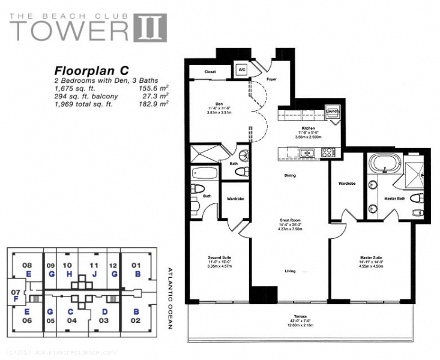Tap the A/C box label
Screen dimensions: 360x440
242,70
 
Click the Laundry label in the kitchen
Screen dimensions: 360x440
333,111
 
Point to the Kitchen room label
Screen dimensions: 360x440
309,128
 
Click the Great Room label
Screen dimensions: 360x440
289,220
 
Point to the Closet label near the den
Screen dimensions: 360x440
210,71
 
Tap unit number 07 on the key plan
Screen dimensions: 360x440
16,292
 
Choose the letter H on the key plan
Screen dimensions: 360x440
70,274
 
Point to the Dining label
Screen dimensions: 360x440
289,176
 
